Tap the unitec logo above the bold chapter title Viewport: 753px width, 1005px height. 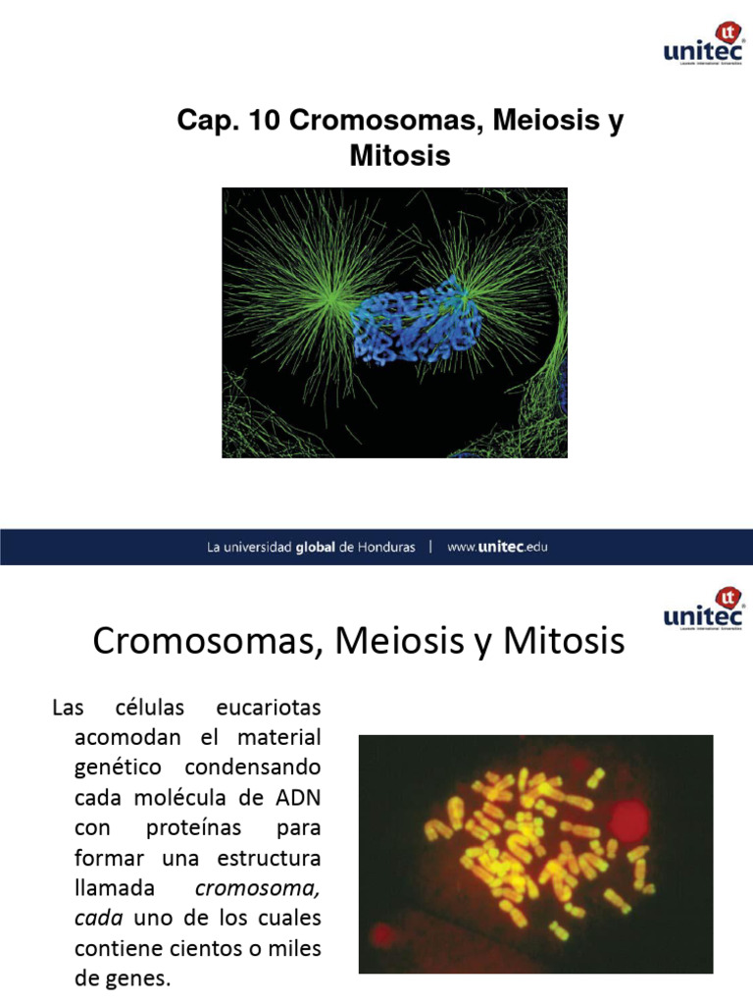coord(703,45)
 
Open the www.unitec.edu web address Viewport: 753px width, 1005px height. coord(497,548)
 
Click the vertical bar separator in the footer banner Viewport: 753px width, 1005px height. coord(430,548)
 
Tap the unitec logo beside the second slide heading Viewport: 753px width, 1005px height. coord(703,609)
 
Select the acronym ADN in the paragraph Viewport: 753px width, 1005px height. coord(297,796)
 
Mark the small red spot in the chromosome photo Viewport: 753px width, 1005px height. coord(381,931)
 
